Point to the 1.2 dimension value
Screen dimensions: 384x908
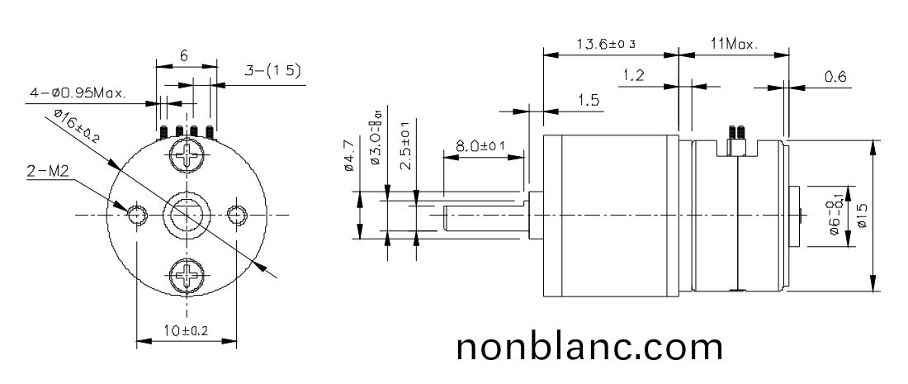pyautogui.click(x=633, y=76)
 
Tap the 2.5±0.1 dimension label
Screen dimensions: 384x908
pyautogui.click(x=405, y=147)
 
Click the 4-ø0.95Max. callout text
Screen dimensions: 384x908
pyautogui.click(x=78, y=94)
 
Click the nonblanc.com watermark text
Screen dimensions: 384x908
pyautogui.click(x=590, y=347)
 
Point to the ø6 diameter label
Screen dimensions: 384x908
pyautogui.click(x=835, y=216)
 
